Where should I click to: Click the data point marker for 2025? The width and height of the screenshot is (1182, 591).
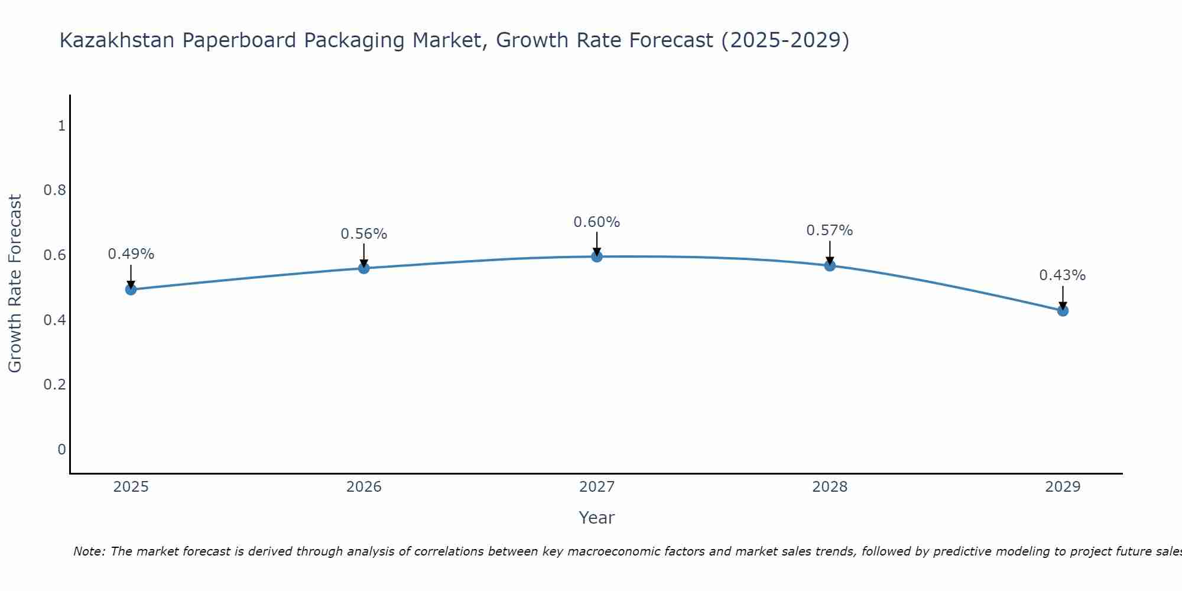click(x=131, y=290)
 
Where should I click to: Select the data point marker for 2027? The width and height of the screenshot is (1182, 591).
click(x=597, y=256)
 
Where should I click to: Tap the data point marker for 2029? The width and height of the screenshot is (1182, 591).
click(x=1063, y=311)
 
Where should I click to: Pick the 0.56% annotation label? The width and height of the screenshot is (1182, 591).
click(x=364, y=234)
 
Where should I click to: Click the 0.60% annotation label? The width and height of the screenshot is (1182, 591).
click(x=597, y=222)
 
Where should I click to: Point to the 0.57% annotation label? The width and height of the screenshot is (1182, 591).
click(x=830, y=230)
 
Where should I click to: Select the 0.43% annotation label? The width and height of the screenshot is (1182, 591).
click(x=1063, y=275)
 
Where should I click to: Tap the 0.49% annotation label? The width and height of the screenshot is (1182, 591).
click(x=131, y=254)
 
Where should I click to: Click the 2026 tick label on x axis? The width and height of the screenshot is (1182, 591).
click(x=364, y=487)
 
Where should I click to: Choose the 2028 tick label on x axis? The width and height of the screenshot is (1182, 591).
click(x=830, y=487)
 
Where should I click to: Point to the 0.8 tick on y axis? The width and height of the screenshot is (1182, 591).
click(x=54, y=190)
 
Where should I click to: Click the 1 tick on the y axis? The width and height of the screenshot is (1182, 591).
click(x=61, y=126)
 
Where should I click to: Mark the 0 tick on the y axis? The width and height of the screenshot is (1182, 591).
click(x=61, y=450)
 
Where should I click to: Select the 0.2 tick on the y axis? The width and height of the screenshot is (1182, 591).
click(x=54, y=385)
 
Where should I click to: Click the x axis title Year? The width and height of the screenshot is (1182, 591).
click(x=597, y=518)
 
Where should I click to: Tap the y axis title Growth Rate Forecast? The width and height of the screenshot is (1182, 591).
click(x=15, y=284)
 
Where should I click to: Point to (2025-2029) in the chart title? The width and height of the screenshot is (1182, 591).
click(x=785, y=40)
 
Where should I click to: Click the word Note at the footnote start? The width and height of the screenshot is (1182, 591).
click(x=89, y=551)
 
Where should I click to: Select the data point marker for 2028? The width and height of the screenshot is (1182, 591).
click(x=830, y=265)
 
